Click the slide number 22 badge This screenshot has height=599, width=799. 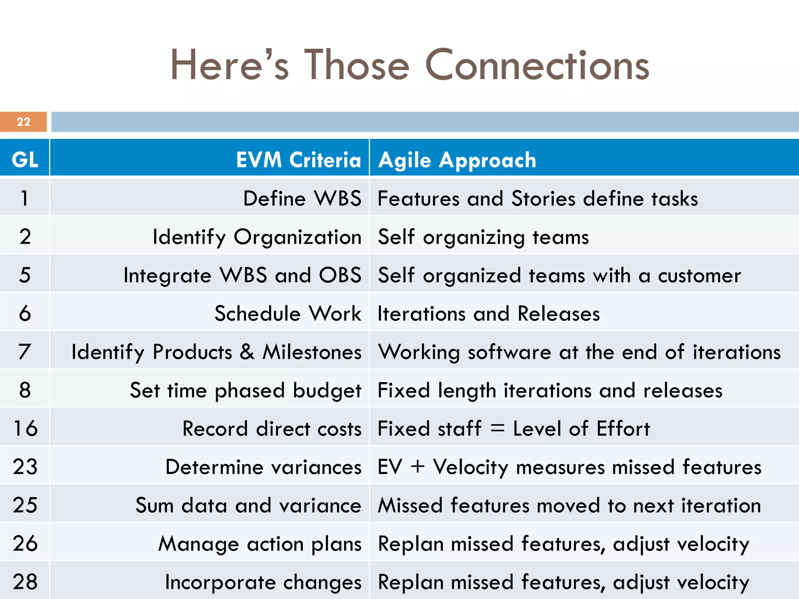click(x=23, y=122)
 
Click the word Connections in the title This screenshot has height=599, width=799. click(x=537, y=66)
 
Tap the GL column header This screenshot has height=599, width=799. click(x=25, y=160)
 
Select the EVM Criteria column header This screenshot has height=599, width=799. click(x=298, y=160)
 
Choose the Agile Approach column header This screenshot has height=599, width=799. click(x=457, y=160)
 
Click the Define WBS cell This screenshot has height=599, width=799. click(x=302, y=198)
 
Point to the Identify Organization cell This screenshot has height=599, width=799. click(x=257, y=237)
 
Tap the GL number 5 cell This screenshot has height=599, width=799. click(x=25, y=275)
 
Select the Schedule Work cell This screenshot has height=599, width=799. click(x=288, y=314)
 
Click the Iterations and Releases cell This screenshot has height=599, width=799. click(x=489, y=314)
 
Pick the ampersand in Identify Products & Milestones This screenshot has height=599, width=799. click(x=247, y=352)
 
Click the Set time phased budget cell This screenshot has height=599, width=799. click(x=246, y=390)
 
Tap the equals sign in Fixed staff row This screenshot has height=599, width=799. click(x=497, y=429)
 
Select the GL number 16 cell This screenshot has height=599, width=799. click(x=25, y=428)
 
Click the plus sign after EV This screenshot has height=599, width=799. click(x=418, y=467)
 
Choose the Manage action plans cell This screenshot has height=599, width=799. click(x=260, y=544)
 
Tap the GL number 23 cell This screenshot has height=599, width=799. click(x=25, y=466)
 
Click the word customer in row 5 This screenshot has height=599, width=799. click(x=700, y=275)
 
